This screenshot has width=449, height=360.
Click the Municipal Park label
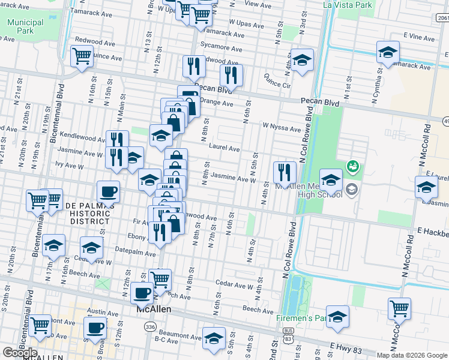25,26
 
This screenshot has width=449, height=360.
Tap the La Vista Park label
348,5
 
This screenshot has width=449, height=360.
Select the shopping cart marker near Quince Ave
82,56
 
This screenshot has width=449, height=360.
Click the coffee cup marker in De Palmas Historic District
108,191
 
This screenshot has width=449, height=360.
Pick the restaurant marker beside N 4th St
285,172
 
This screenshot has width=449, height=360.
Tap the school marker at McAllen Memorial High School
331,179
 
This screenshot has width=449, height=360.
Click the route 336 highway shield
149,326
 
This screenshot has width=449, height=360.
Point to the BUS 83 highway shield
289,338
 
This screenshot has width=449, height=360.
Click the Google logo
20,352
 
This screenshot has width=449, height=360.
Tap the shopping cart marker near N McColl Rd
399,309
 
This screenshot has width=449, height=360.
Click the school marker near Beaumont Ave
214,338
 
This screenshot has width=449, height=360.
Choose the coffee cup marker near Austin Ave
96,328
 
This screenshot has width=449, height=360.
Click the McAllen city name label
152,308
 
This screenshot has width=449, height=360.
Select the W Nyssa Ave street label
281,128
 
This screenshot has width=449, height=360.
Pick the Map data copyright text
412,355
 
